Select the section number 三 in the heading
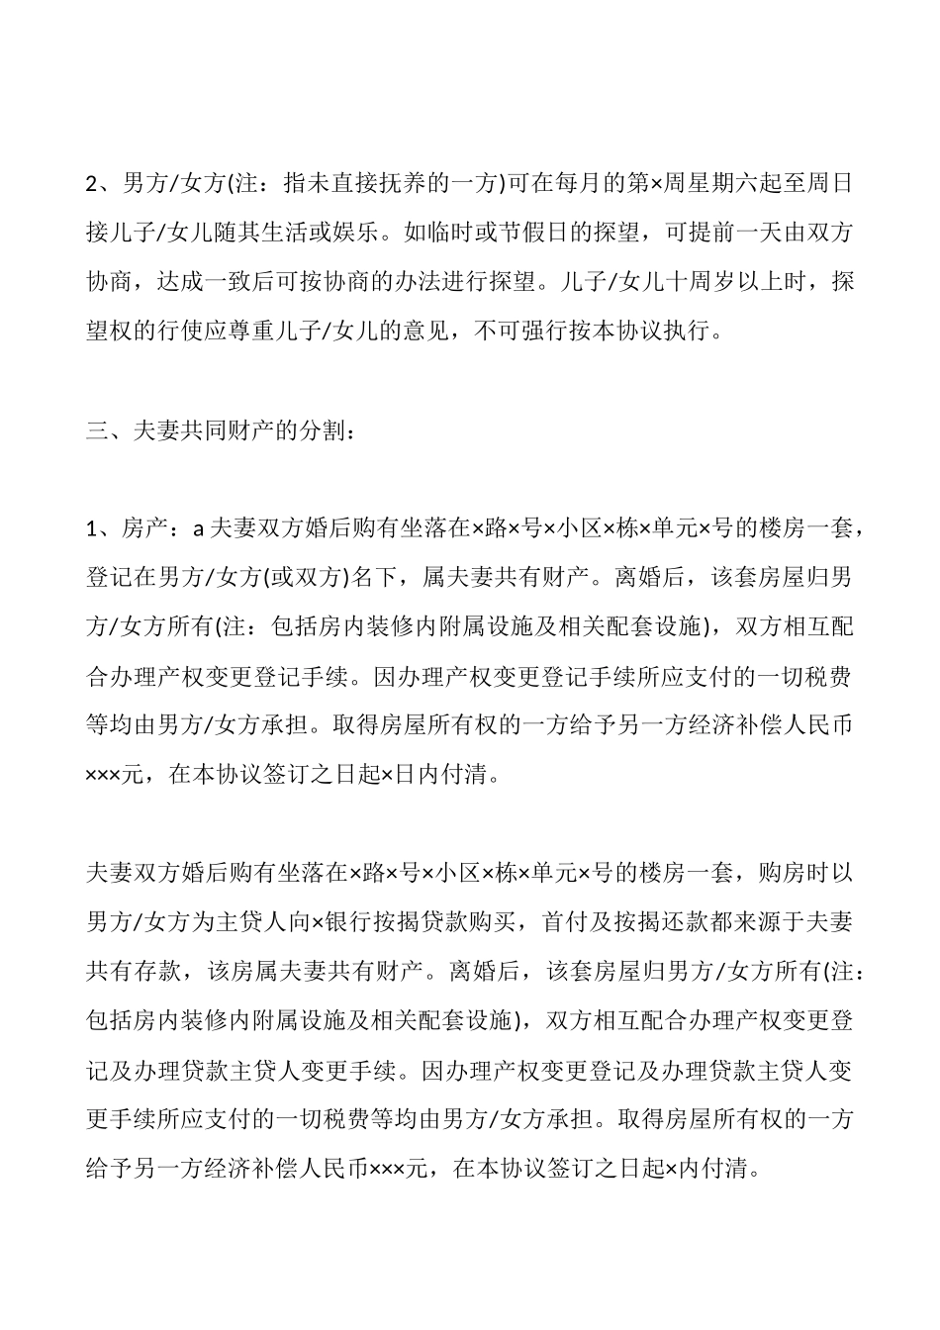tap(97, 430)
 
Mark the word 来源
tap(756, 922)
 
